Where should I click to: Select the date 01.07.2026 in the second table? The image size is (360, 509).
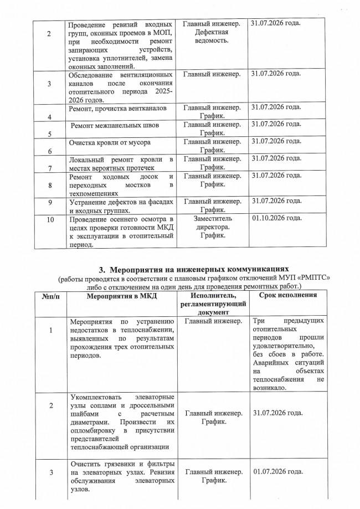click(276, 471)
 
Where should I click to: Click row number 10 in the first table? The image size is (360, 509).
click(50, 219)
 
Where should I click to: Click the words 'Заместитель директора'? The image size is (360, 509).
click(212, 223)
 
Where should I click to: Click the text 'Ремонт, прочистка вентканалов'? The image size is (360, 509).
click(117, 109)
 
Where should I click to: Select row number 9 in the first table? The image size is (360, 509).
click(50, 203)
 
